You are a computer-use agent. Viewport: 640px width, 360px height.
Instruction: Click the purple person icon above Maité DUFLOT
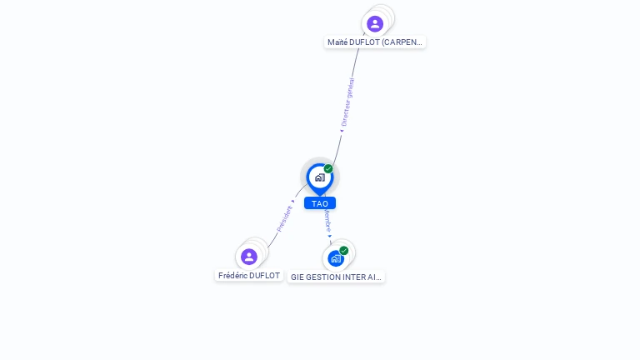click(375, 23)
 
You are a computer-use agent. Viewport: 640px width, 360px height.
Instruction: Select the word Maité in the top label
click(337, 42)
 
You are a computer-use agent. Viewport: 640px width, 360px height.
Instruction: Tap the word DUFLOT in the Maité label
click(367, 42)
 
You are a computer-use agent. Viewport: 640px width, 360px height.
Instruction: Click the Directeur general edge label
click(348, 101)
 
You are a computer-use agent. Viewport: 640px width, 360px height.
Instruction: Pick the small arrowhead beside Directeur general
click(341, 130)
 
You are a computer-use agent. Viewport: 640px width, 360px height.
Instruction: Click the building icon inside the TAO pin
click(319, 177)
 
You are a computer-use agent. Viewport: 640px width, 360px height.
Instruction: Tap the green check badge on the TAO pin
click(328, 169)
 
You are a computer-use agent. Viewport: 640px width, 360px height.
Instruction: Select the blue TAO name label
click(320, 203)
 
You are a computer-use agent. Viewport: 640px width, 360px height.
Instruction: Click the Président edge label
click(284, 218)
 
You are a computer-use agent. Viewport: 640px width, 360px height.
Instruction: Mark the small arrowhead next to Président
click(293, 202)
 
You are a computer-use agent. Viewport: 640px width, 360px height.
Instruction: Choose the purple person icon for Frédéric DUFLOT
click(248, 257)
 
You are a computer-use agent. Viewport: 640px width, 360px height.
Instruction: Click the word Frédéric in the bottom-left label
click(234, 276)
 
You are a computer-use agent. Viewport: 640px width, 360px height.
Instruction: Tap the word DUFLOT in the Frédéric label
click(267, 276)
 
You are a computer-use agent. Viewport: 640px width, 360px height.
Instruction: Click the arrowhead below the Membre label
click(330, 236)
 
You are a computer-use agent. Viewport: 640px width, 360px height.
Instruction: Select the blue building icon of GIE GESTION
click(335, 258)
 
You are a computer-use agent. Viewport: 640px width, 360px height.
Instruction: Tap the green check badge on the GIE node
click(343, 250)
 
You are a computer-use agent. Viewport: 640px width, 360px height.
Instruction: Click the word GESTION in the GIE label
click(322, 277)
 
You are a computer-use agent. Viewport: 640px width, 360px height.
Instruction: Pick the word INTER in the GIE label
click(355, 277)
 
